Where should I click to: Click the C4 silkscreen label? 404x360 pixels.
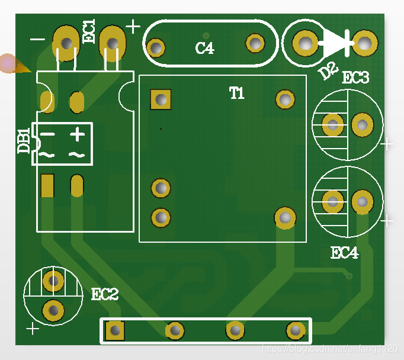[x=204, y=48]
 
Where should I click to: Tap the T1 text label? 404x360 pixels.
[x=237, y=93]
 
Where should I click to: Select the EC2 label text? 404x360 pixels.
[x=105, y=294]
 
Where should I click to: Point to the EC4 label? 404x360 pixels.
[x=345, y=253]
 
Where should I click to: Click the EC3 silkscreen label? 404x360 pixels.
[x=355, y=77]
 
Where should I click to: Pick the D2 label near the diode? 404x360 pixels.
[x=328, y=70]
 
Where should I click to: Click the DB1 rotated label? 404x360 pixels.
[x=24, y=141]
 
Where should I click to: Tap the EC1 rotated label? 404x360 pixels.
[x=89, y=31]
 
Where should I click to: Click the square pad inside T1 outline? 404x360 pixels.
[x=161, y=99]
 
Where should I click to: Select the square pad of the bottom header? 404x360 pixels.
[x=115, y=330]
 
